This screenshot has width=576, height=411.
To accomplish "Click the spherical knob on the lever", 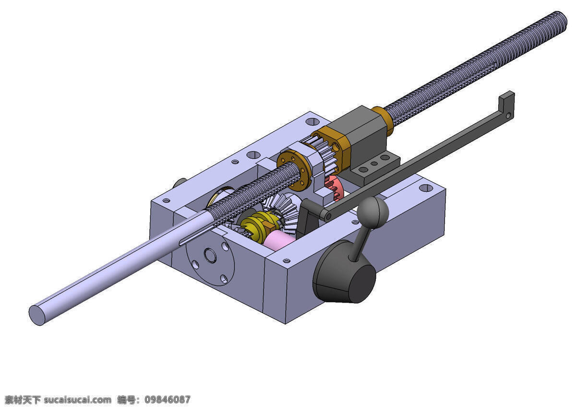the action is tap(372, 212).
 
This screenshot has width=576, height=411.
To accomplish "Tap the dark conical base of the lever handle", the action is tap(344, 273).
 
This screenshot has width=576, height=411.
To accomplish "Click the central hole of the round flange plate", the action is tap(210, 256).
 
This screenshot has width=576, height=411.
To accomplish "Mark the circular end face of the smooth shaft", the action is tap(37, 315).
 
